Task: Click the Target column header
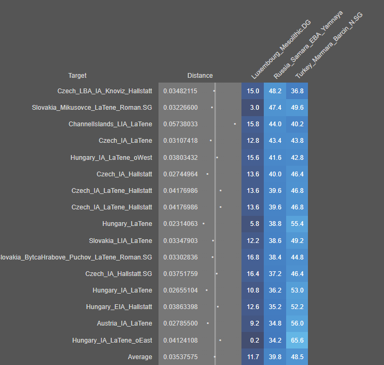[x=77, y=76]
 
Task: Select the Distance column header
[x=199, y=76]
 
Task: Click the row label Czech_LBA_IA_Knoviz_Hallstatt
[x=105, y=91]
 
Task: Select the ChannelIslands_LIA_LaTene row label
[x=110, y=124]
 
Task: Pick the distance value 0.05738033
[x=180, y=124]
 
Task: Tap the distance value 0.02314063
[x=180, y=224]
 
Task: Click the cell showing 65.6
[x=297, y=340]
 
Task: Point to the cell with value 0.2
[x=253, y=340]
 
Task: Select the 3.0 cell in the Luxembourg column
[x=253, y=108]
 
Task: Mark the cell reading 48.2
[x=275, y=91]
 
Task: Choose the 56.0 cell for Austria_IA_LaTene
[x=297, y=323]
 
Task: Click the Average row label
[x=140, y=357]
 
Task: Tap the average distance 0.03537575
[x=180, y=357]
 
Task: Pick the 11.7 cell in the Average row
[x=253, y=357]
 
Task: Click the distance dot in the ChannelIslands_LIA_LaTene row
[x=235, y=124]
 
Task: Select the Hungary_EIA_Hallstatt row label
[x=119, y=307]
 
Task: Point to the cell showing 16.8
[x=253, y=257]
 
